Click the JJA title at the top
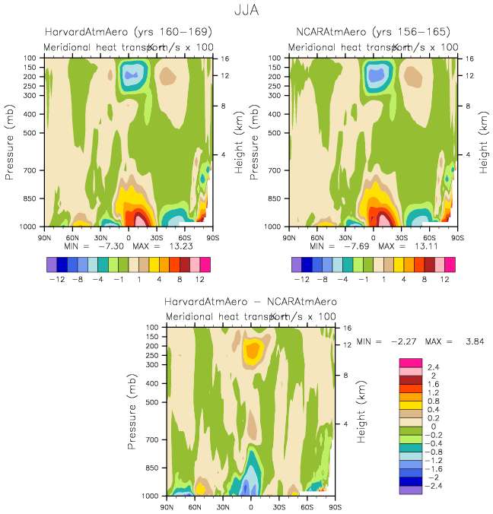pyautogui.click(x=247, y=13)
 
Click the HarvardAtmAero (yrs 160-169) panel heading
pyautogui.click(x=127, y=32)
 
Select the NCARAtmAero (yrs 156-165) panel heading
pyautogui.click(x=373, y=32)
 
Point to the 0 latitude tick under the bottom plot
pyautogui.click(x=251, y=506)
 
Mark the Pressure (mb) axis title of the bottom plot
pyautogui.click(x=134, y=411)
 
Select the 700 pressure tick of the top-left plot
pyautogui.click(x=31, y=170)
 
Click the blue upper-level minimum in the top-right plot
pyautogui.click(x=376, y=76)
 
